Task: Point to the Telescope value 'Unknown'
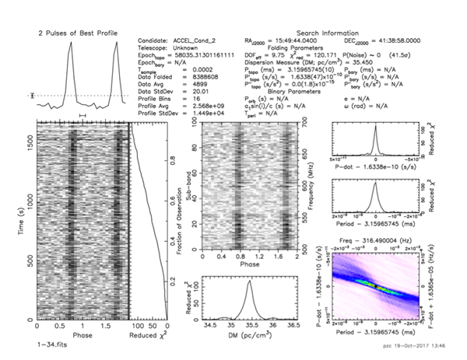[196, 47]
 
